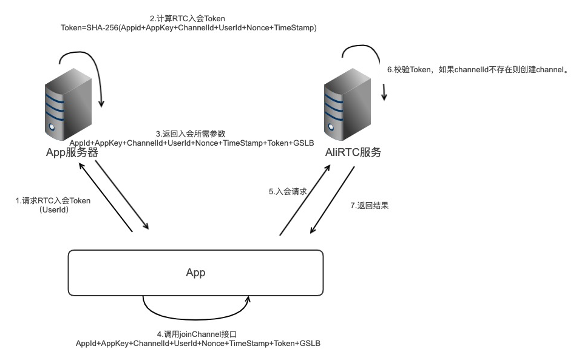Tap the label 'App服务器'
72,152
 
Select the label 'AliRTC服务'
353,152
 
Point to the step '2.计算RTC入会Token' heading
188,19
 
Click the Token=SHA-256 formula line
189,28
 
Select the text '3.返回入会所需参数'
191,134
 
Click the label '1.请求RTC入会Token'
53,201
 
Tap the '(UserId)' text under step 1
53,210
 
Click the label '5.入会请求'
288,191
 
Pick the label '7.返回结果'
369,206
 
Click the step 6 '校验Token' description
478,69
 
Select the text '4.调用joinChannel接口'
196,334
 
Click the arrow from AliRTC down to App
333,200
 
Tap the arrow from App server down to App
122,194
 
